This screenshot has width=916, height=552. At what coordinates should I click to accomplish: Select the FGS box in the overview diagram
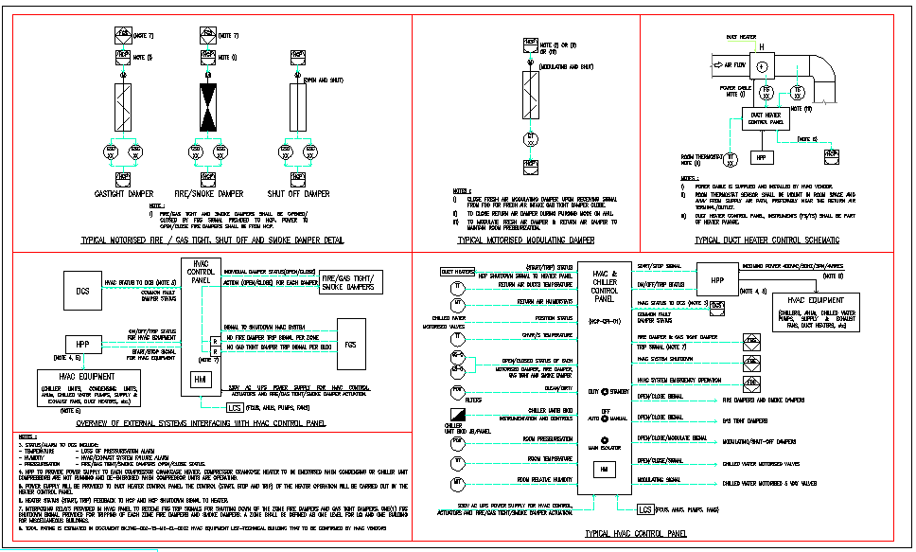pyautogui.click(x=350, y=346)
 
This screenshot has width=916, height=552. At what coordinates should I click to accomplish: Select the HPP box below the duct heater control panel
pyautogui.click(x=762, y=157)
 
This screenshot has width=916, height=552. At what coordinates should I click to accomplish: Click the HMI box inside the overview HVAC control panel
pyautogui.click(x=200, y=380)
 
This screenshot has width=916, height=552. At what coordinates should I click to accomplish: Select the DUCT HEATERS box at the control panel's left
pyautogui.click(x=458, y=272)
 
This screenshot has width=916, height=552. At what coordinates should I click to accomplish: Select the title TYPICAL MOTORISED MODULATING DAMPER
pyautogui.click(x=526, y=240)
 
